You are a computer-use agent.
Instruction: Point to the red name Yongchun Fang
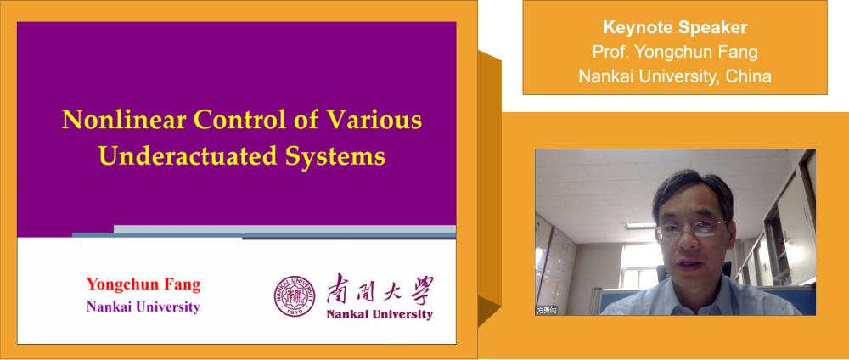pyautogui.click(x=143, y=284)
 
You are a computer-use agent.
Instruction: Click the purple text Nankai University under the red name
pyautogui.click(x=143, y=307)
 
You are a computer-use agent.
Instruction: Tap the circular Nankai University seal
pyautogui.click(x=294, y=296)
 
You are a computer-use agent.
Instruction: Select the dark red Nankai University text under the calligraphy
pyautogui.click(x=380, y=314)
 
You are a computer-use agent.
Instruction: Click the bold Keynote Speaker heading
pyautogui.click(x=675, y=27)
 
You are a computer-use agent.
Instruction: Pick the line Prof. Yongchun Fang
pyautogui.click(x=675, y=52)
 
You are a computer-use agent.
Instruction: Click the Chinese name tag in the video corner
pyautogui.click(x=547, y=311)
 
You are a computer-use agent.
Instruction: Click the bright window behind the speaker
pyautogui.click(x=633, y=264)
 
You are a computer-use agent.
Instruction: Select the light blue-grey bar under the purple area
pyautogui.click(x=284, y=229)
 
